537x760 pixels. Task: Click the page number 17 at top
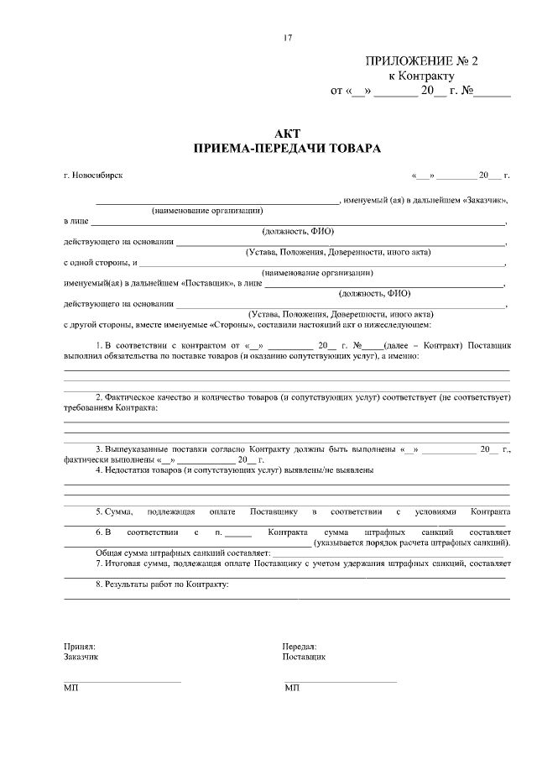(288, 37)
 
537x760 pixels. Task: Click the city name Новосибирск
(96, 176)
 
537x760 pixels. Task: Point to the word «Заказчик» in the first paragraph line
(485, 202)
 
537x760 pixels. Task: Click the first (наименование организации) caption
(207, 212)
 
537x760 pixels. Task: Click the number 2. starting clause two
(98, 396)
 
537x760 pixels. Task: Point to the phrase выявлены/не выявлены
(331, 470)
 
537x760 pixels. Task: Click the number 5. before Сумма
(98, 511)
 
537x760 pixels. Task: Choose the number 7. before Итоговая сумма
(98, 563)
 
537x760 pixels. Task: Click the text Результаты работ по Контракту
(167, 583)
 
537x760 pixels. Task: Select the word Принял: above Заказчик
(80, 647)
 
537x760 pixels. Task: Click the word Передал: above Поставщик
(300, 647)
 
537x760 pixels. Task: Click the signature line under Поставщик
(340, 681)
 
